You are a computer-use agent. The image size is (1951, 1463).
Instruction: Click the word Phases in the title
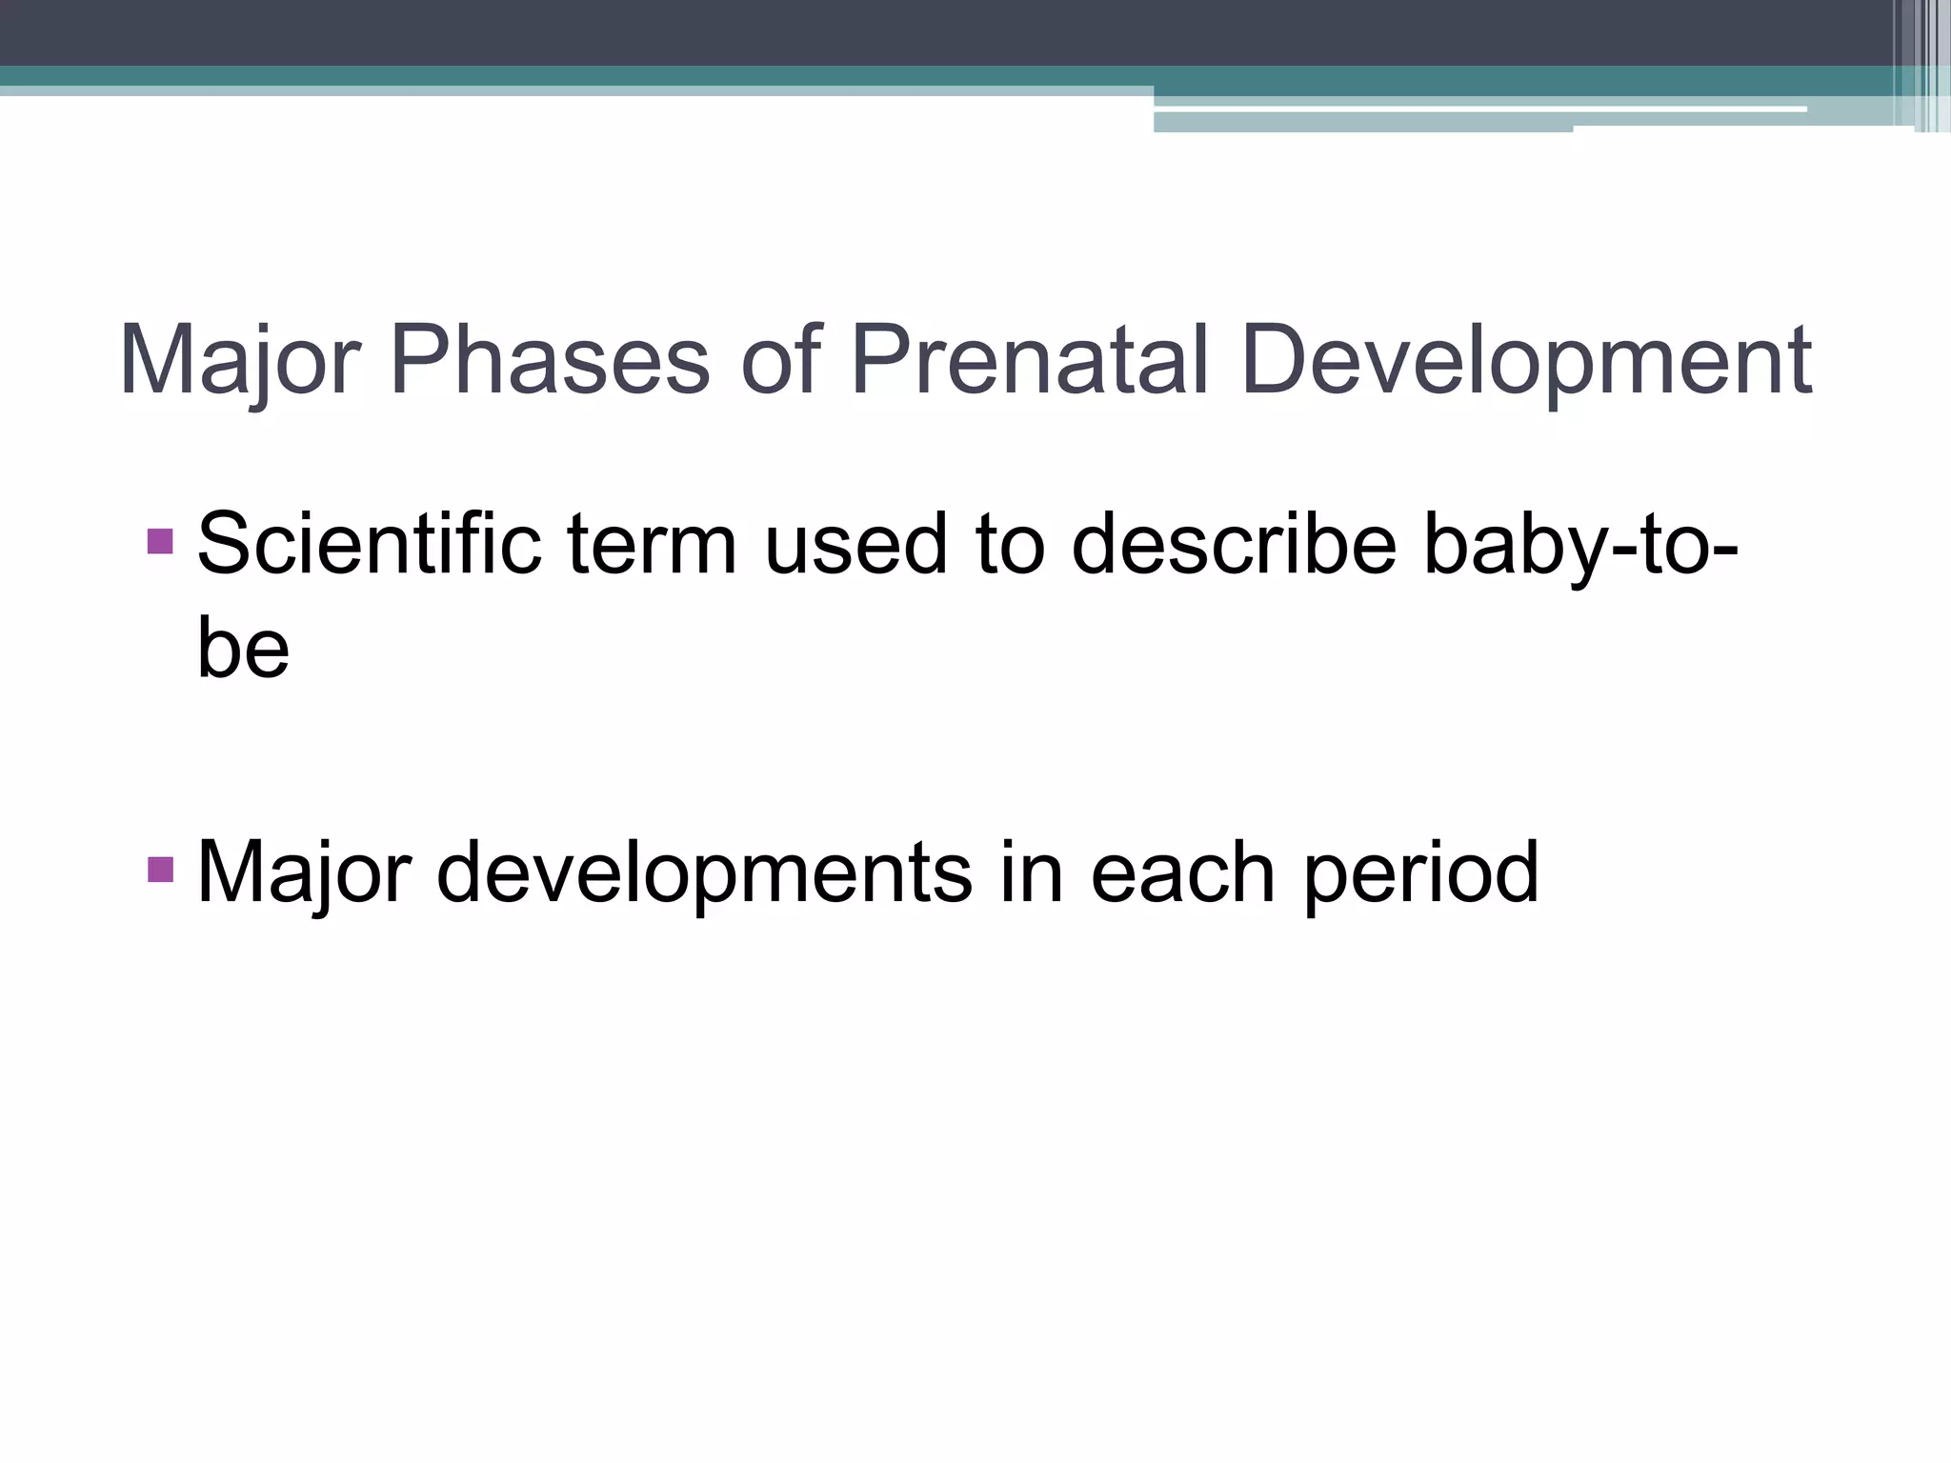(x=550, y=361)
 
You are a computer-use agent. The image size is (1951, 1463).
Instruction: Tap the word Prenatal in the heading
(x=1029, y=361)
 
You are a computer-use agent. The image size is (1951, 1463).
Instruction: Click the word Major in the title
(x=238, y=361)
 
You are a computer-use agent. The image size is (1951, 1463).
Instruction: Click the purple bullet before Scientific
(x=161, y=541)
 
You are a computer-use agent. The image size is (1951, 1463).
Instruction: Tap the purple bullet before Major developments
(x=161, y=869)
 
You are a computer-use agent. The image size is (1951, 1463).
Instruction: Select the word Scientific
(x=369, y=544)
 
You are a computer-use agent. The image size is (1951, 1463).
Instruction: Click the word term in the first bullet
(x=652, y=544)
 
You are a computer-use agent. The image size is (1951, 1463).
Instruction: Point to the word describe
(x=1234, y=544)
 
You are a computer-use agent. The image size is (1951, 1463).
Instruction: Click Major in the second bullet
(x=303, y=872)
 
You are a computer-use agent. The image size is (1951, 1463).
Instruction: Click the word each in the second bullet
(x=1182, y=872)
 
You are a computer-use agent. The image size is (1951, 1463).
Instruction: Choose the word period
(x=1419, y=872)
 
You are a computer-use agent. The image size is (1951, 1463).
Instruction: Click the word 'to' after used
(x=1010, y=544)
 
